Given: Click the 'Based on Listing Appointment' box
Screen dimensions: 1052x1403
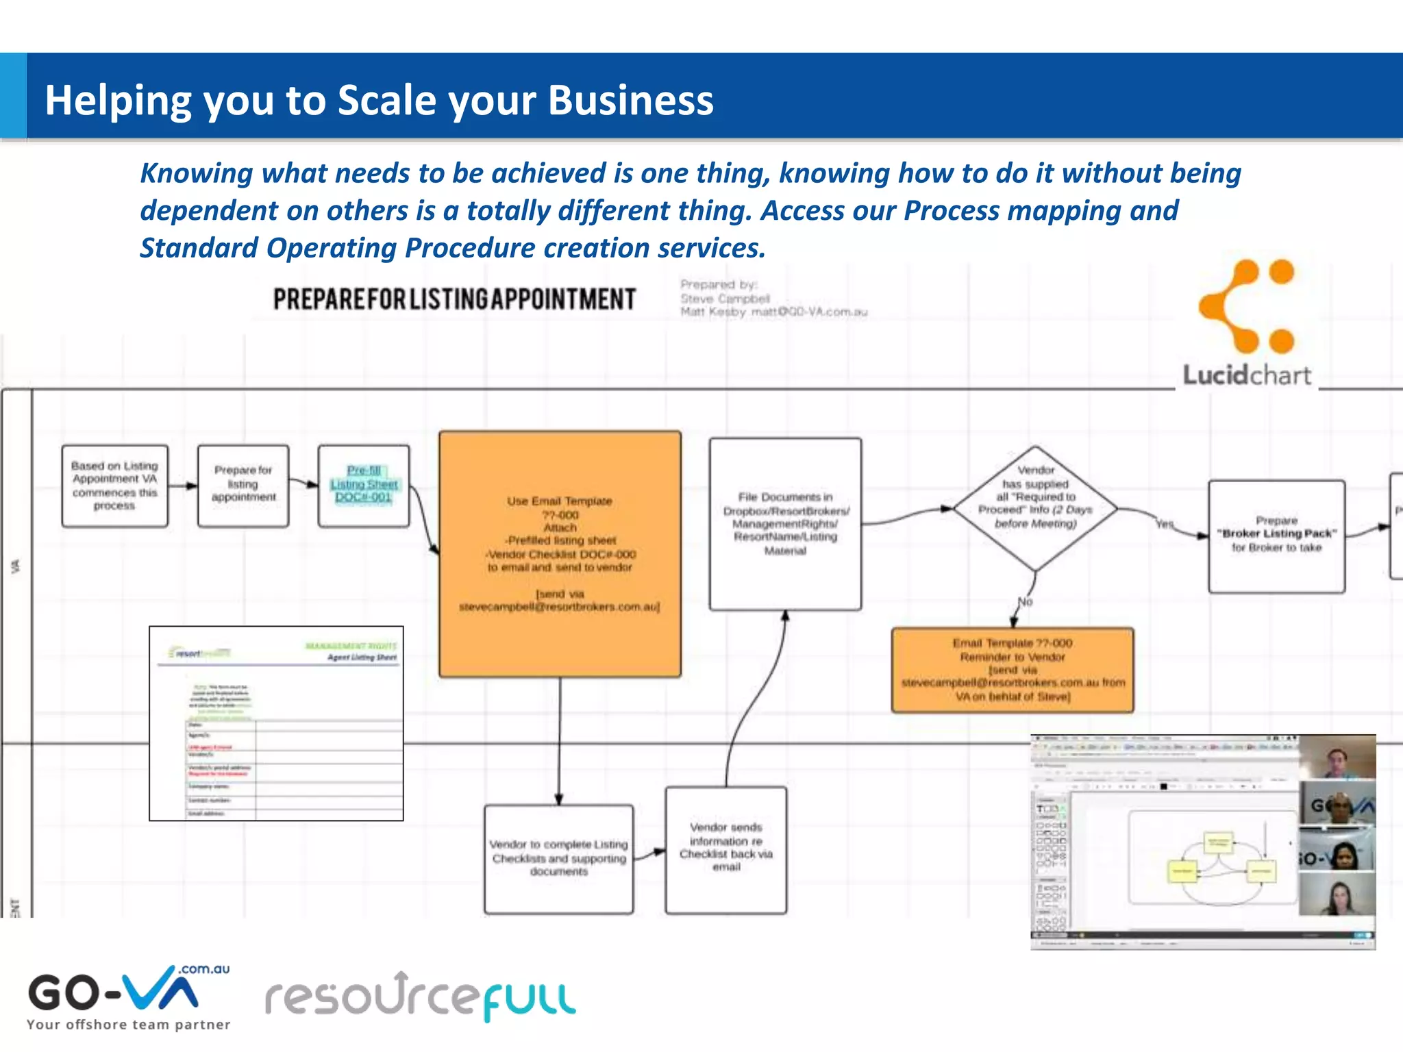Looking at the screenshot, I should click(x=114, y=486).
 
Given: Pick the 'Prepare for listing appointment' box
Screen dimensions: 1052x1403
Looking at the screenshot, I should click(x=243, y=486).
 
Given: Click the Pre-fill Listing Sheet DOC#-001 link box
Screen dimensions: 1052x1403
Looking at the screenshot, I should click(x=364, y=484).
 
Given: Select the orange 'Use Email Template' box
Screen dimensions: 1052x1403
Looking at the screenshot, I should click(x=560, y=553).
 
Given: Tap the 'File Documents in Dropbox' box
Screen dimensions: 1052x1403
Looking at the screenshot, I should click(x=785, y=524).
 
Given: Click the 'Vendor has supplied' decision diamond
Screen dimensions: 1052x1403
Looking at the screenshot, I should click(x=1035, y=508).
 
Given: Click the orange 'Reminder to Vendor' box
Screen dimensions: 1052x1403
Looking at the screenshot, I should click(x=1013, y=670).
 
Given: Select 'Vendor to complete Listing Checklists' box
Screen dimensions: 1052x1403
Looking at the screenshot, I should click(x=558, y=858).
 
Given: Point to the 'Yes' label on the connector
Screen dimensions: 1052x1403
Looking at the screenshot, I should click(x=1165, y=524).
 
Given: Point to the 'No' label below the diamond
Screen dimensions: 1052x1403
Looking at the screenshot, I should click(x=1025, y=602).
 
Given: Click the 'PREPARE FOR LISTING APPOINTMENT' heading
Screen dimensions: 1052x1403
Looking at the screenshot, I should click(x=454, y=299).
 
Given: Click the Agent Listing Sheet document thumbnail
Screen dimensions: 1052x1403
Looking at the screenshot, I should click(x=276, y=723).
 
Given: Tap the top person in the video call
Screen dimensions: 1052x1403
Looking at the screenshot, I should click(x=1337, y=758).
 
